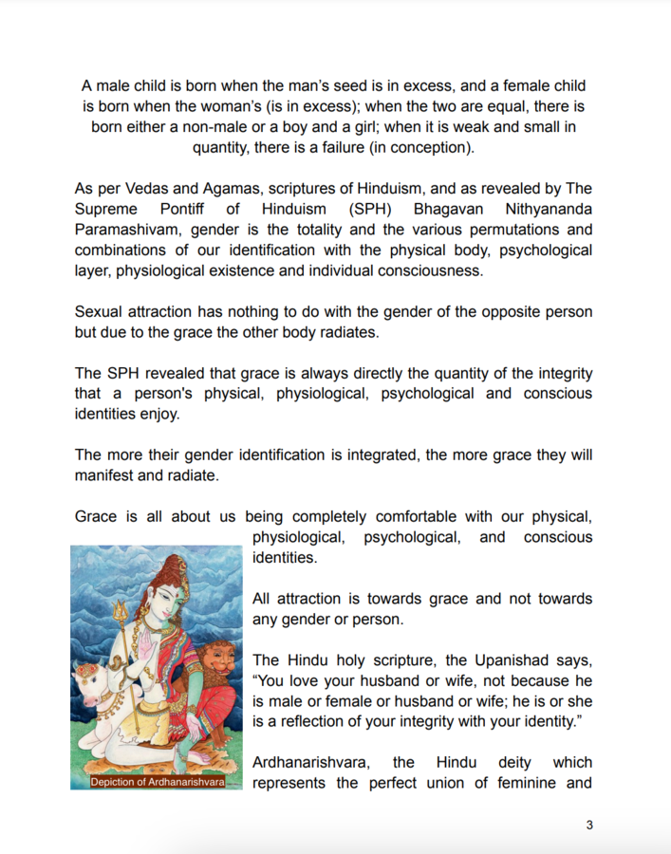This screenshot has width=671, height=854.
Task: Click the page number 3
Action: (589, 825)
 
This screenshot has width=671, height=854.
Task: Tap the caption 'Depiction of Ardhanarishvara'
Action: (157, 782)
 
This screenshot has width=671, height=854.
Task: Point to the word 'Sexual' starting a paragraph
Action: (101, 311)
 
